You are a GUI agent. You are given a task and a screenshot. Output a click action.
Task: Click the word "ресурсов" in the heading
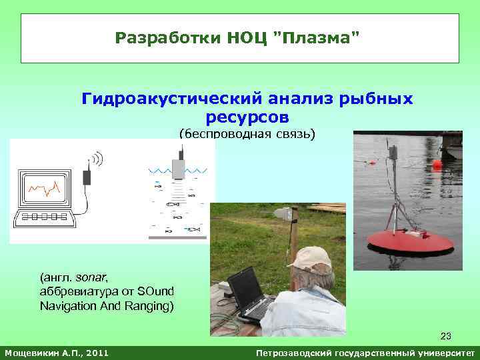(247, 117)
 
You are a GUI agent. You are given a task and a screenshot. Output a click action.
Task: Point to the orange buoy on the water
(437, 163)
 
